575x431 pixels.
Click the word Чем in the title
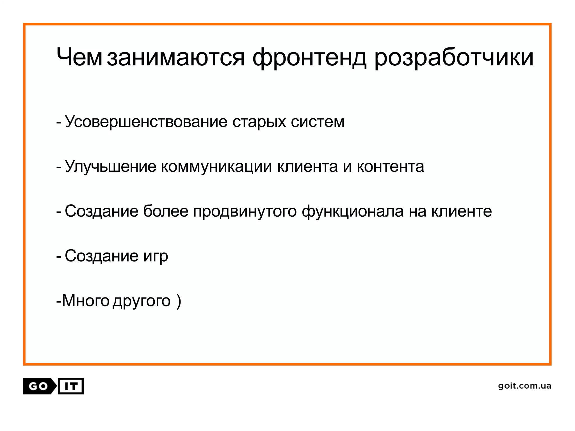tap(79, 57)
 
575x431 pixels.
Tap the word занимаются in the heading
tap(176, 57)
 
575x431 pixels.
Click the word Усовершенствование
tap(146, 121)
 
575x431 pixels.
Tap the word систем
tap(318, 121)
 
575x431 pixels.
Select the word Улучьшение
tap(110, 166)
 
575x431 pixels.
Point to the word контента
tap(390, 166)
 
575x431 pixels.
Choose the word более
tap(166, 211)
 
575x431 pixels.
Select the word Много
tap(85, 301)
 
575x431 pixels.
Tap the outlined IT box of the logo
tap(71, 386)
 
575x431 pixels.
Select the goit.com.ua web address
tap(524, 386)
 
